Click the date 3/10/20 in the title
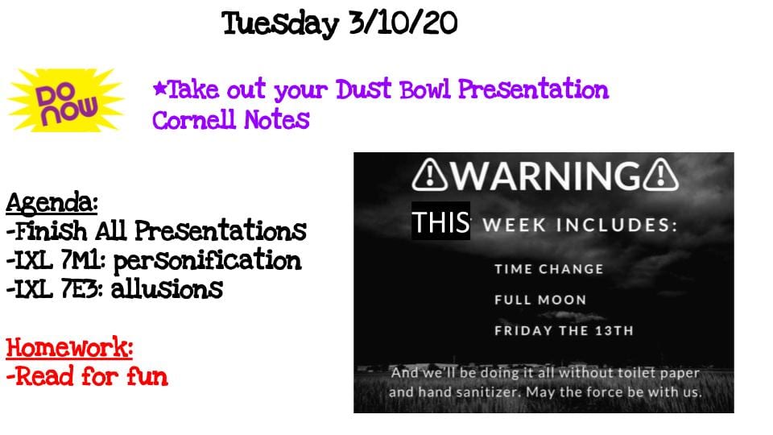(x=403, y=23)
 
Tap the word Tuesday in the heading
(x=280, y=23)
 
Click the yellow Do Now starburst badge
(x=66, y=101)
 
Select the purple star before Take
(x=159, y=89)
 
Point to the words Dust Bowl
(x=393, y=89)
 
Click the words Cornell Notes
(x=231, y=119)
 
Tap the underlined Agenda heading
(x=52, y=202)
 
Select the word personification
(x=208, y=260)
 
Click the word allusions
(x=167, y=289)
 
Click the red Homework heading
(x=69, y=347)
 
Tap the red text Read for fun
(x=87, y=376)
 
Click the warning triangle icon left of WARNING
(x=430, y=175)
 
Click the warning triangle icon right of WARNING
(x=661, y=175)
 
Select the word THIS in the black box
(x=440, y=222)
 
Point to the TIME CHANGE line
(x=548, y=269)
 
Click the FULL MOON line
(x=540, y=300)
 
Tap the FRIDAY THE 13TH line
(x=564, y=330)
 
